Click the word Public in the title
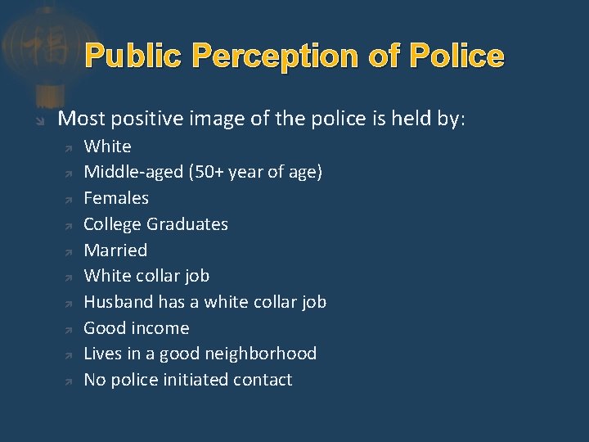click(137, 56)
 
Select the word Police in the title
click(457, 56)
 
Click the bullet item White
click(107, 147)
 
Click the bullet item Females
click(116, 198)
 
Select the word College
click(115, 224)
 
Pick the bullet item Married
click(115, 250)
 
